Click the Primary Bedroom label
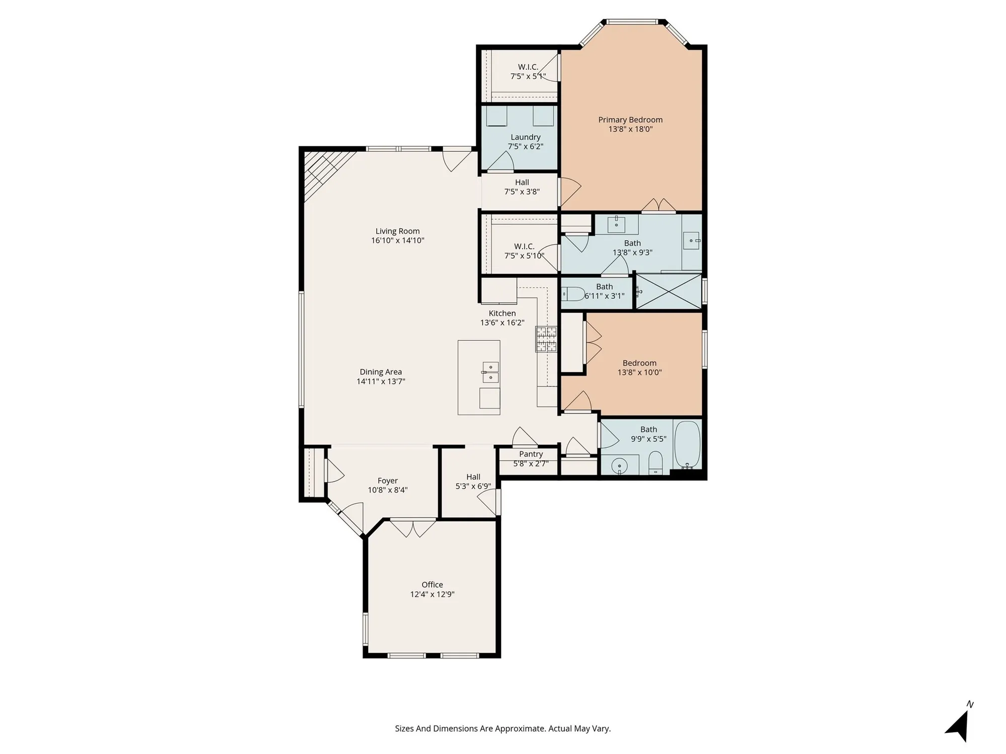pos(630,120)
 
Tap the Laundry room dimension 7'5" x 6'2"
pos(525,147)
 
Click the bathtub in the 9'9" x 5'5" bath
pos(687,444)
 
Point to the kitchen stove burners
pos(546,338)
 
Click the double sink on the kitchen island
pos(490,371)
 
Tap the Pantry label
pos(531,454)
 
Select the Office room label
pos(432,585)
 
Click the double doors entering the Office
pos(413,528)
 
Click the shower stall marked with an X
pos(668,291)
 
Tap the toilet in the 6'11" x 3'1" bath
pos(573,293)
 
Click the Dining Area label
pos(381,372)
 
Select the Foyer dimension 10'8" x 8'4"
pos(387,490)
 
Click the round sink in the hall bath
pos(620,466)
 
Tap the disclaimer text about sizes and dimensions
pos(502,728)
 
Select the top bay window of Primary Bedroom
pos(632,22)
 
